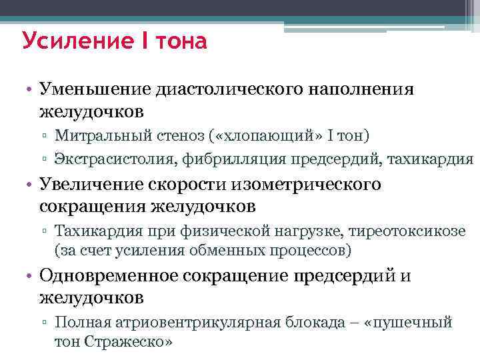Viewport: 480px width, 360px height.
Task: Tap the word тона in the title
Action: point(179,42)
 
